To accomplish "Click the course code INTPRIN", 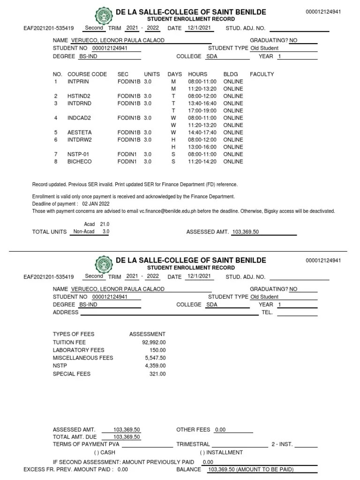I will pyautogui.click(x=78, y=82).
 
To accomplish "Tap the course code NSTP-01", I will pyautogui.click(x=79, y=154).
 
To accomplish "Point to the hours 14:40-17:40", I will pyautogui.click(x=202, y=133).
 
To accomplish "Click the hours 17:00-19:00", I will pyautogui.click(x=202, y=111).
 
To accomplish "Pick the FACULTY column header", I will pyautogui.click(x=262, y=74).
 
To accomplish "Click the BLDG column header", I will pyautogui.click(x=231, y=74).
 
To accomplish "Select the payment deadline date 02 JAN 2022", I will pyautogui.click(x=96, y=204).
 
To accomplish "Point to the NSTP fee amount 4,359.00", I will pyautogui.click(x=155, y=366).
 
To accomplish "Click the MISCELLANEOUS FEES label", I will pyautogui.click(x=83, y=358).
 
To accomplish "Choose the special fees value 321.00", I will pyautogui.click(x=157, y=374).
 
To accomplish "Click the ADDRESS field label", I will pyautogui.click(x=66, y=312).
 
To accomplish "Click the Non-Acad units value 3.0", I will pyautogui.click(x=106, y=232).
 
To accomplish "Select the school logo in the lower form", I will pyautogui.click(x=104, y=264).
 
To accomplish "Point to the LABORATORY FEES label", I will pyautogui.click(x=78, y=350).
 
